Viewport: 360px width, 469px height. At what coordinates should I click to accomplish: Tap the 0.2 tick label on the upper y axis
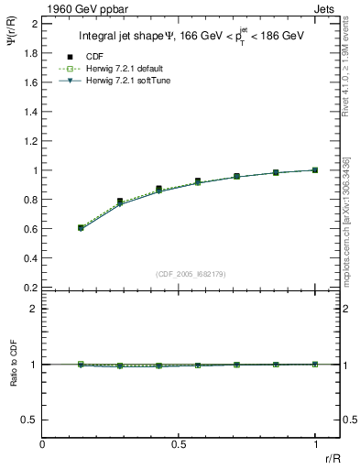click(30, 288)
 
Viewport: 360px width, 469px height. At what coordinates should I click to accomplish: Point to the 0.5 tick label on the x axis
click(180, 443)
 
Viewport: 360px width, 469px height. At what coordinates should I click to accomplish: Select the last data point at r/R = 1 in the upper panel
click(316, 169)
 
